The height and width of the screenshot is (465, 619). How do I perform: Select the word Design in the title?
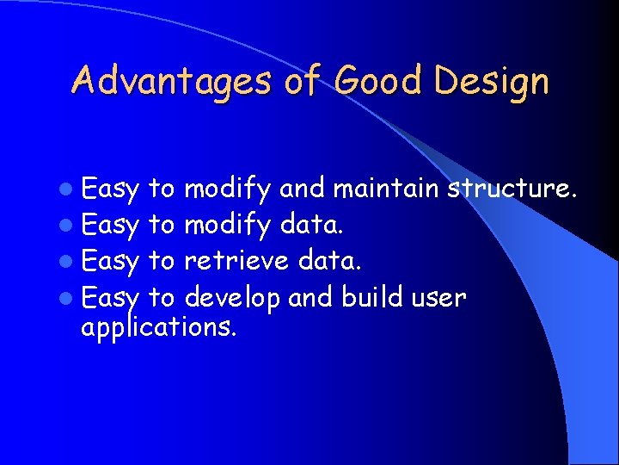click(491, 82)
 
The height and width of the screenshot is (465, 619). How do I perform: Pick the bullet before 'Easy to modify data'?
click(70, 226)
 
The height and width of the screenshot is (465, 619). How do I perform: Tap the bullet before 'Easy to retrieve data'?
click(70, 262)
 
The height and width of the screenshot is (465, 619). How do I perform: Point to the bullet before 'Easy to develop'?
click(70, 299)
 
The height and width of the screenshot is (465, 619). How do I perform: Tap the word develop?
click(233, 299)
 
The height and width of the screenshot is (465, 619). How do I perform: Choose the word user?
click(441, 299)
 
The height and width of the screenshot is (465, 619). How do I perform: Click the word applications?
click(157, 327)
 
